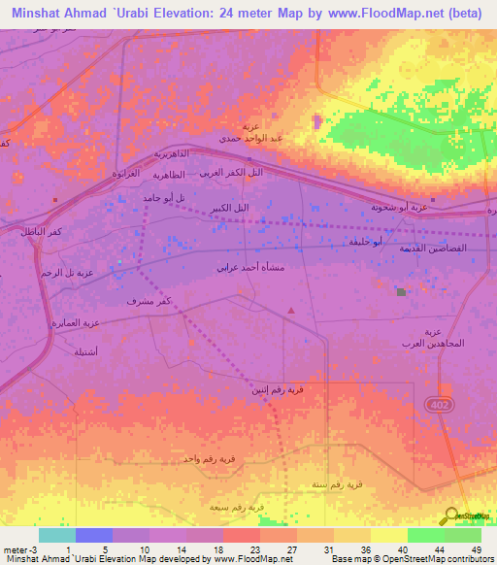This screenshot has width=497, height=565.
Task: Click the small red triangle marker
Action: click(x=291, y=310)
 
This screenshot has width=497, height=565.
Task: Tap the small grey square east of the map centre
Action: click(x=401, y=290)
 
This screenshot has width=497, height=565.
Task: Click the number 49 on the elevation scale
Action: click(x=476, y=548)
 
